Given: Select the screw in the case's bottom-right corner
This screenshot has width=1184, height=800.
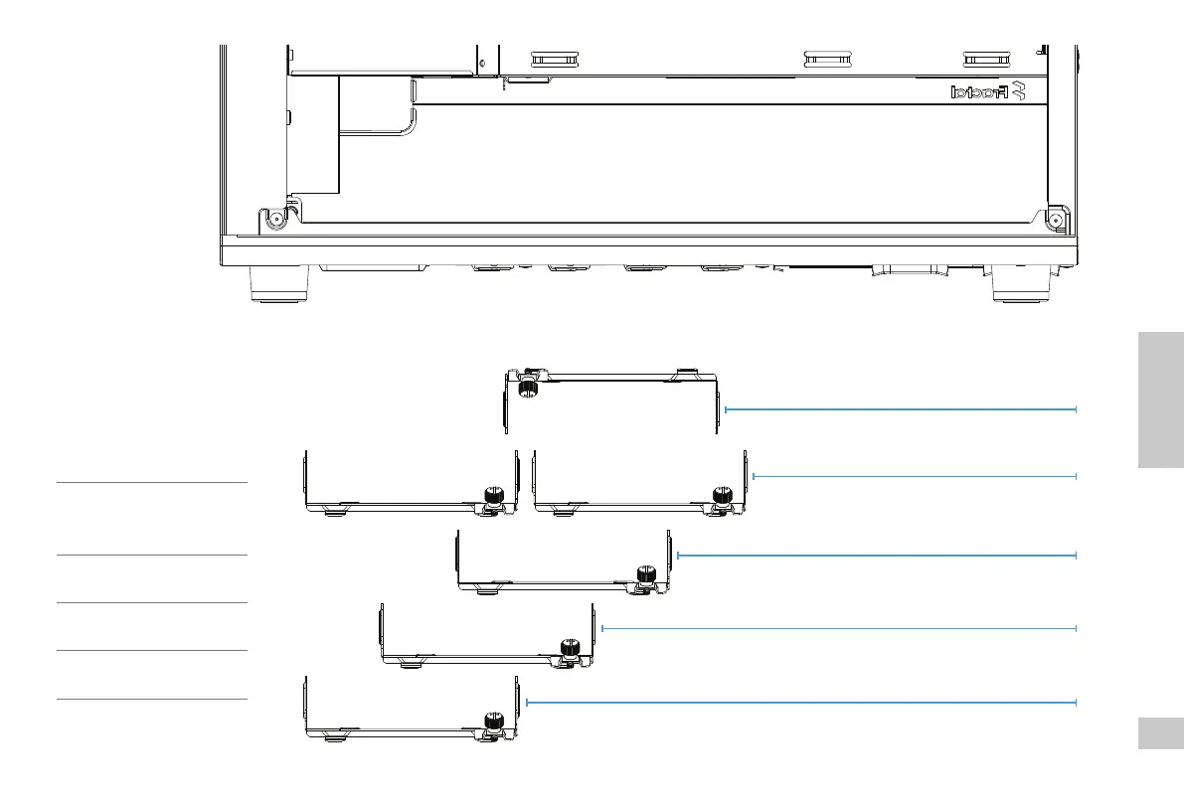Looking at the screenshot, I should [x=1056, y=219].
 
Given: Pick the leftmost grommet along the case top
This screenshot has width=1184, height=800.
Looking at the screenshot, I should [x=556, y=59].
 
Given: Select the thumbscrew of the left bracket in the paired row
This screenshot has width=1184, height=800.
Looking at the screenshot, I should [x=490, y=495].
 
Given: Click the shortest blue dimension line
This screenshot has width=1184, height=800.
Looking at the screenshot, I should [x=915, y=477].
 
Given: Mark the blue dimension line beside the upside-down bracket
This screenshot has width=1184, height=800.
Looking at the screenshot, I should [x=901, y=408].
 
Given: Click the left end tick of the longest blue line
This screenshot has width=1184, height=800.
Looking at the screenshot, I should [x=526, y=703].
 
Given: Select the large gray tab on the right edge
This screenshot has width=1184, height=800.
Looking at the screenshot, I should [x=1157, y=400].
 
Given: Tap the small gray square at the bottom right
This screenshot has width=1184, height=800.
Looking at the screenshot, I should [x=1157, y=735].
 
